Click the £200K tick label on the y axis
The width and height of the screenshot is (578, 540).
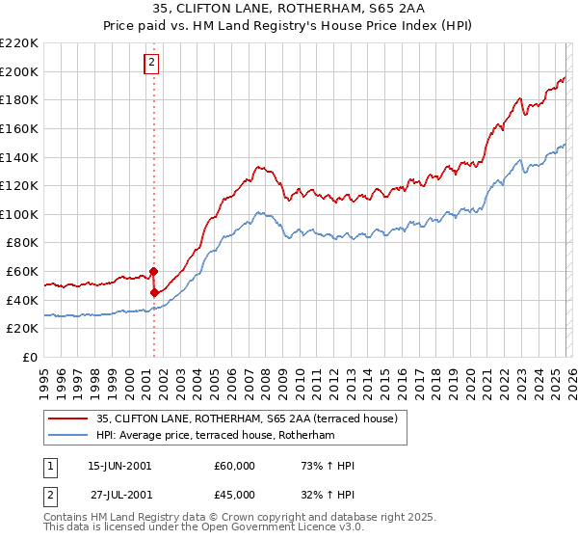coord(19,71)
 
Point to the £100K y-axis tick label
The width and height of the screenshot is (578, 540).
coord(19,214)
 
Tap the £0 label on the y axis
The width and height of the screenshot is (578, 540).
coord(30,358)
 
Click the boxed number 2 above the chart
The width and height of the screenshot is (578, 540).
coord(153,64)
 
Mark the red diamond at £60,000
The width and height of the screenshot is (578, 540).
coord(153,272)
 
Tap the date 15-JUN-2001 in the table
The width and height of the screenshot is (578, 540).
coord(119,466)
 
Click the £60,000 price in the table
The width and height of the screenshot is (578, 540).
coord(235,466)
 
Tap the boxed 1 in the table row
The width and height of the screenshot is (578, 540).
coord(48,466)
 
